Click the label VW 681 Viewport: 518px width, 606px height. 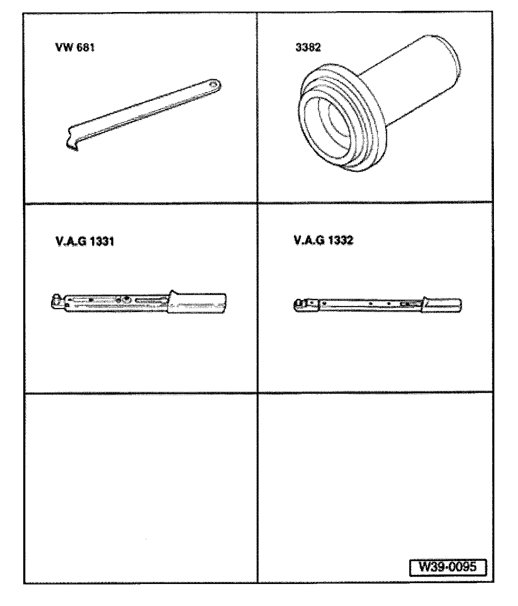pyautogui.click(x=75, y=47)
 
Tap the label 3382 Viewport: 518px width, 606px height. pyautogui.click(x=308, y=47)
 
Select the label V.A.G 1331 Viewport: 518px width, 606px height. pyautogui.click(x=85, y=241)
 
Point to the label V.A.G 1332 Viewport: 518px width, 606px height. pyautogui.click(x=324, y=240)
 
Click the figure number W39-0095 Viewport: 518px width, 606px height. pyautogui.click(x=447, y=567)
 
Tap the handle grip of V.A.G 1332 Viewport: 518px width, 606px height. pyautogui.click(x=442, y=305)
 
